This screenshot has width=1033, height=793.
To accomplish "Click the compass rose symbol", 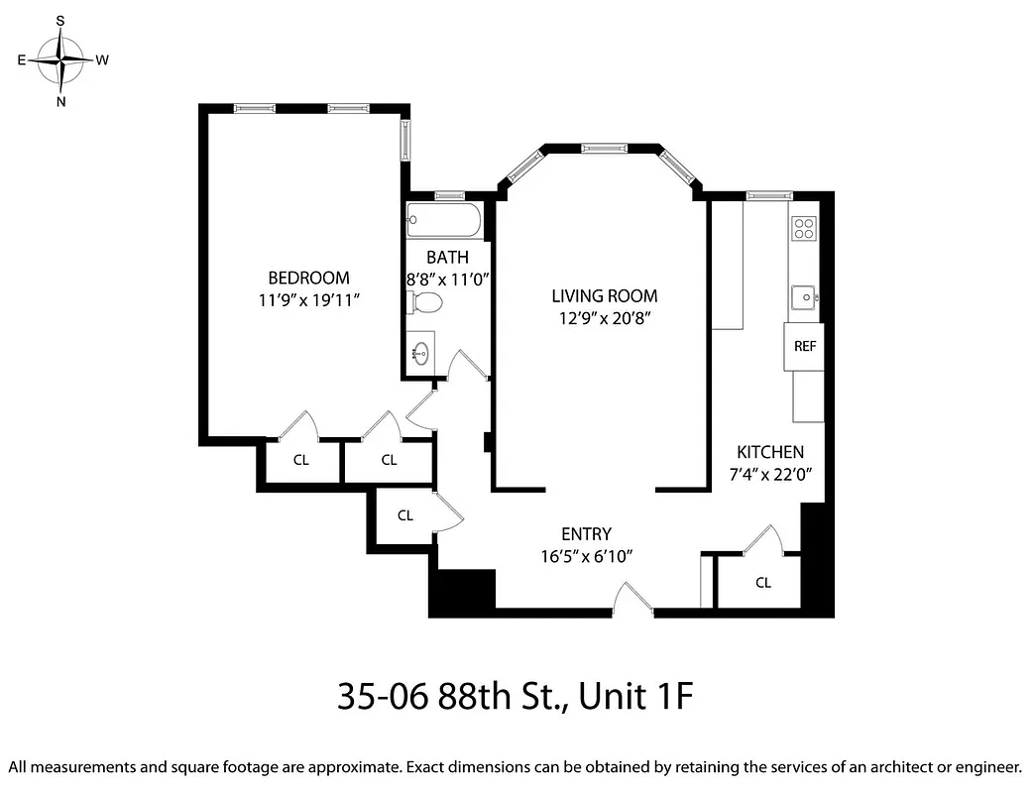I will tap(61, 60).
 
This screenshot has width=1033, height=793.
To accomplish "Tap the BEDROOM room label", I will tap(308, 279).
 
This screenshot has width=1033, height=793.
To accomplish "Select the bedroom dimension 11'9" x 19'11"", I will tap(308, 299).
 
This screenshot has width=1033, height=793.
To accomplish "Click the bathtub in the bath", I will tap(444, 221).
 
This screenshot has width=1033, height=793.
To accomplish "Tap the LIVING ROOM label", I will tap(604, 296).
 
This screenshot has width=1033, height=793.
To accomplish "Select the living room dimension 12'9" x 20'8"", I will tap(604, 318).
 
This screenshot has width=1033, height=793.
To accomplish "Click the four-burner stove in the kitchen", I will tap(804, 229).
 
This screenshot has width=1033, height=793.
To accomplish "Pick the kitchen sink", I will tap(803, 294).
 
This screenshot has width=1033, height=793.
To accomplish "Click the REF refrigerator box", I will tap(804, 347).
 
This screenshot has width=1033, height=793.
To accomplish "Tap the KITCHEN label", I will tap(769, 452).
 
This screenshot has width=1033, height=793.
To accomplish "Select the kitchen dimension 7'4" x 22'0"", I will tap(769, 475).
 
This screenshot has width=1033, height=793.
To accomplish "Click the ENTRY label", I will tap(586, 533).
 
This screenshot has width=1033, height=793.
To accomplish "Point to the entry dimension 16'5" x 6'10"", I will tap(586, 555).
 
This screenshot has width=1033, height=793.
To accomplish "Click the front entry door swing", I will tap(632, 600).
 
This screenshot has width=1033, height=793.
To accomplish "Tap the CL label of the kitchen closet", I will tap(762, 583).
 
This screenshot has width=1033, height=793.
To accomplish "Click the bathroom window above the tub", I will tap(449, 195).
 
